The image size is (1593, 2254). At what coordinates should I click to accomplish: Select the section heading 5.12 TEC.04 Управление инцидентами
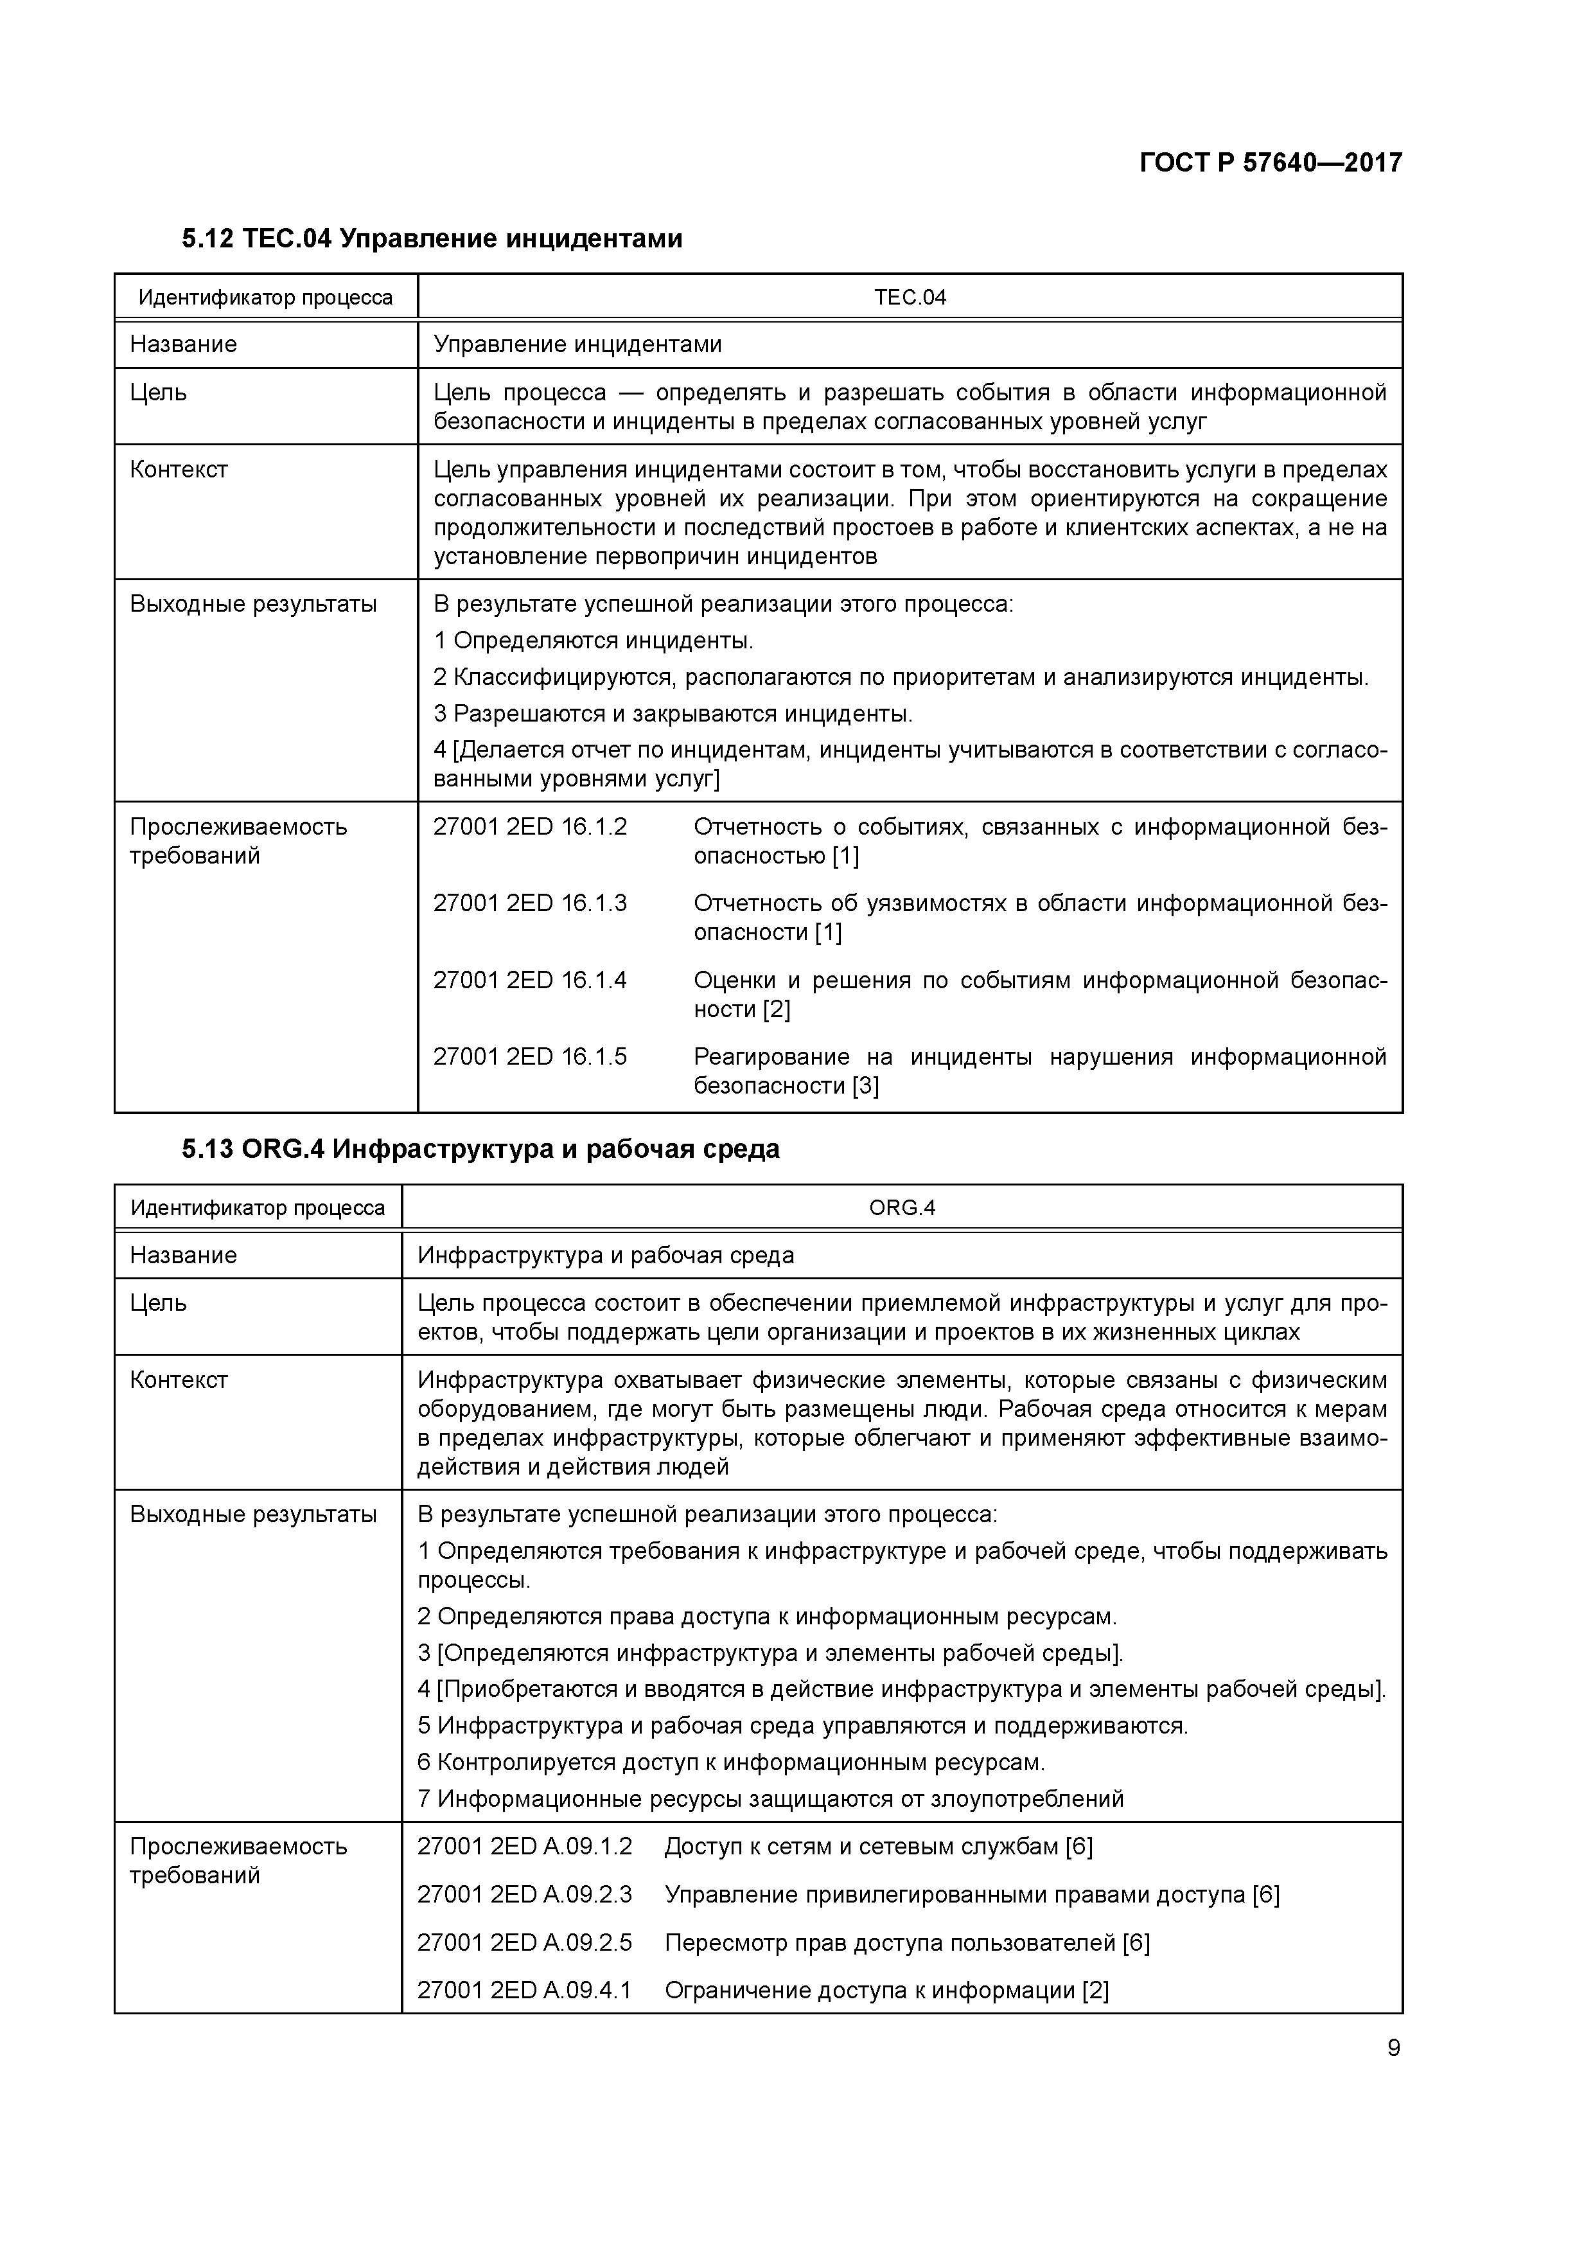(x=432, y=238)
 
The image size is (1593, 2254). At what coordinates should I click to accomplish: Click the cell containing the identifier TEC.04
(x=910, y=297)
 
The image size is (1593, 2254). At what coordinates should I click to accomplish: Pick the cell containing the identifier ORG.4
(x=902, y=1207)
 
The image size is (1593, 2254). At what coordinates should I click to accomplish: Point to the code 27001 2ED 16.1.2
(x=530, y=826)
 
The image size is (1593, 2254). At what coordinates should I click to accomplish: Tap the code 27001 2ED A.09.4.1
(x=525, y=1991)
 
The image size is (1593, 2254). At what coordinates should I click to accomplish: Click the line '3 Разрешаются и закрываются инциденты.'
(x=673, y=714)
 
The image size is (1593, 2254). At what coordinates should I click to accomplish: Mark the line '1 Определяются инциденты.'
(x=594, y=641)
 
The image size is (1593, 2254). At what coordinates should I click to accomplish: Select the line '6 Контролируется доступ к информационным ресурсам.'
(x=731, y=1762)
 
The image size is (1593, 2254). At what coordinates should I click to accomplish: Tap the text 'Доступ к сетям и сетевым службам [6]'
(x=879, y=1847)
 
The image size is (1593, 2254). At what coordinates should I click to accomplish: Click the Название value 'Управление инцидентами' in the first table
(x=578, y=344)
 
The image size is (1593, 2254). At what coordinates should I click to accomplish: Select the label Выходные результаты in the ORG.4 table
(x=253, y=1514)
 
